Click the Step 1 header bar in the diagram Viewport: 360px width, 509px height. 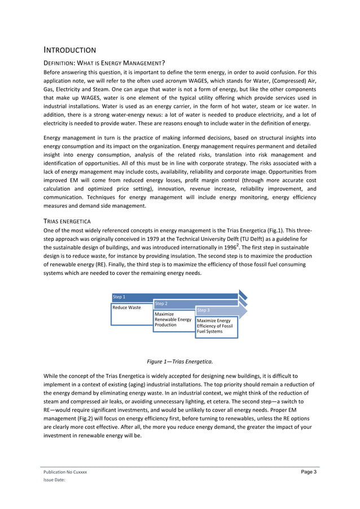169,297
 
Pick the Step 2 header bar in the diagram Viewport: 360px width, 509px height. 192,304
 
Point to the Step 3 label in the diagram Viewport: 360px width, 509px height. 204,310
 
